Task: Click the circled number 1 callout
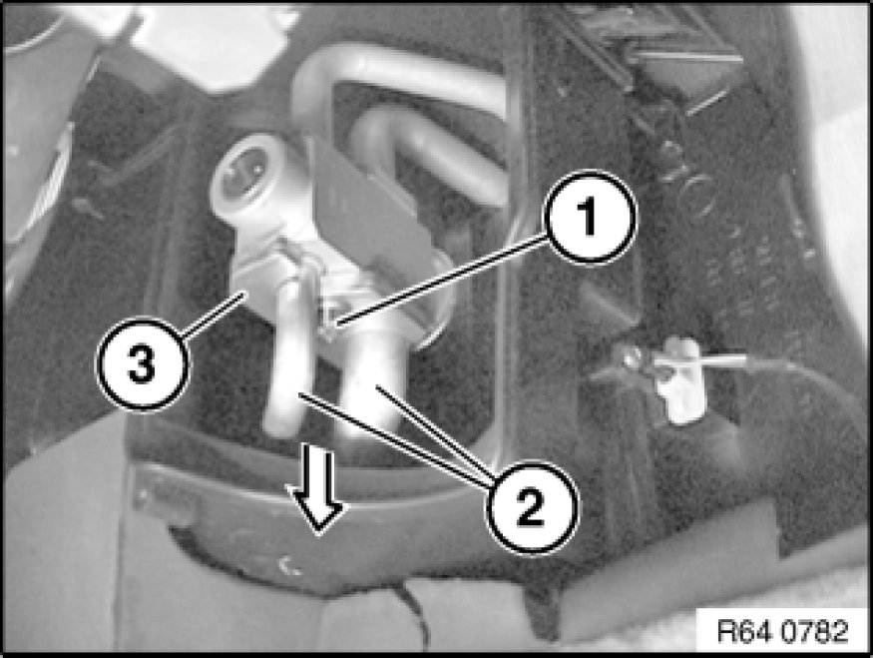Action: coord(591,218)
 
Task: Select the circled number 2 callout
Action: coord(532,507)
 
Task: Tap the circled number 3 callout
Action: coord(143,363)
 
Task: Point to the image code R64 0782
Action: coord(782,631)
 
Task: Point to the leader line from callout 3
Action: coord(215,316)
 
